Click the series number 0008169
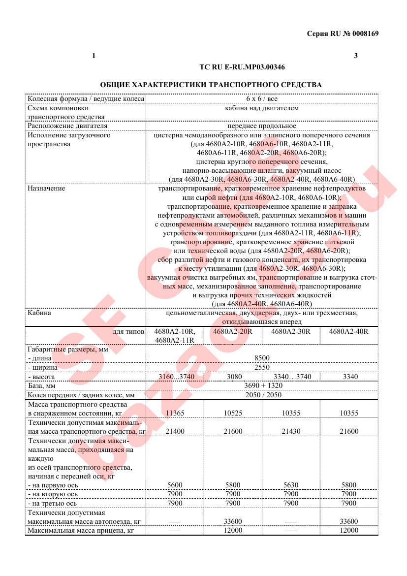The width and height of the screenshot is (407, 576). tap(365, 33)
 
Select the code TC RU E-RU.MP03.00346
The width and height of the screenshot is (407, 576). tap(242, 66)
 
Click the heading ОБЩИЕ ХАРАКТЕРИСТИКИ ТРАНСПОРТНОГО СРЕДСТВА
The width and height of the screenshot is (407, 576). tap(211, 85)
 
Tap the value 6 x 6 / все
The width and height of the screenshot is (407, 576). tap(261, 98)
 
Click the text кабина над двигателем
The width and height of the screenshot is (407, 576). tap(261, 108)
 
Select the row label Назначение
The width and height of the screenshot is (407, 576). tap(46, 189)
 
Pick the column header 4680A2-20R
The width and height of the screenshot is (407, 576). tap(233, 331)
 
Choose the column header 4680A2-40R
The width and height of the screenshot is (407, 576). tap(348, 331)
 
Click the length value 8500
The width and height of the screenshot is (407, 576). tap(261, 358)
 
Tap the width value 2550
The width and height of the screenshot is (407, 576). tap(261, 367)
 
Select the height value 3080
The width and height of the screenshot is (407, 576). tap(233, 377)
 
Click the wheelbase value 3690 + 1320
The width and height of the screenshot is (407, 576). tap(261, 385)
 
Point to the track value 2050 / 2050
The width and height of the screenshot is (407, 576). tap(261, 395)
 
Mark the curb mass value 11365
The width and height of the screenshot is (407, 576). tap(175, 413)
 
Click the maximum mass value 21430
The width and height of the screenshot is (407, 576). tap(291, 431)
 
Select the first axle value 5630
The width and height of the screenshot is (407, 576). tap(291, 485)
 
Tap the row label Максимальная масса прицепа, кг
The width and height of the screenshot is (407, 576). tap(81, 530)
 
